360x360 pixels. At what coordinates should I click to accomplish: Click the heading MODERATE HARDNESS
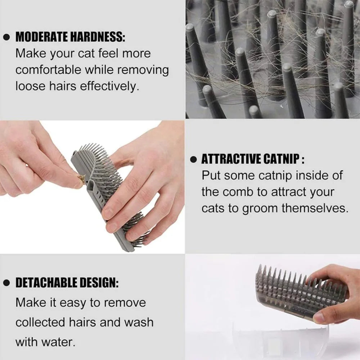point(70,37)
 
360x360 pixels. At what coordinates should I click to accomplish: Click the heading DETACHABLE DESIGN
point(67,283)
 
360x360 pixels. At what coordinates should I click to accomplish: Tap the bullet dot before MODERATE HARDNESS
point(6,37)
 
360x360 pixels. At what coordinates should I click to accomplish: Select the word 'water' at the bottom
point(59,341)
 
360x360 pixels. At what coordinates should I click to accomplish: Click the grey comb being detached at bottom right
point(288,292)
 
